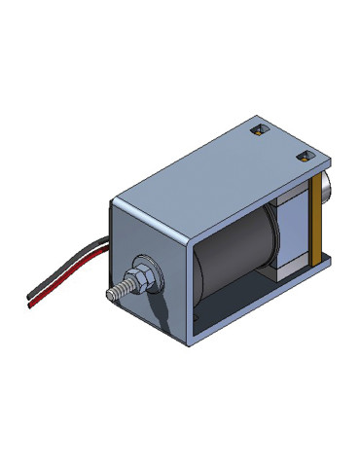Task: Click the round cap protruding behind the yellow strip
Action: tap(327, 191)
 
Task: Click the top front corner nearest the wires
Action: tap(114, 198)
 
